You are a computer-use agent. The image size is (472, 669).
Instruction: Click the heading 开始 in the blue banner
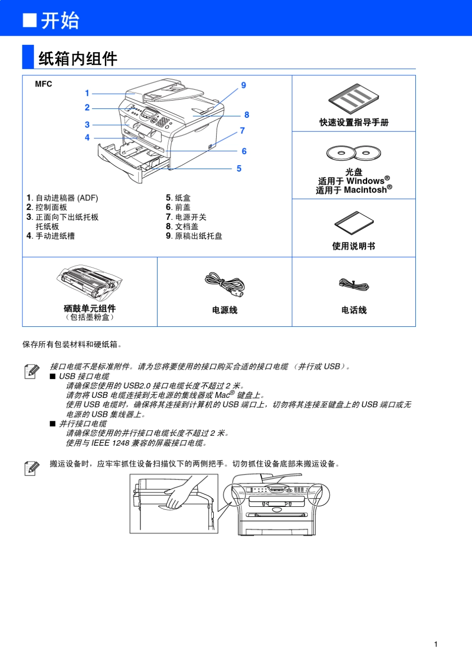60,20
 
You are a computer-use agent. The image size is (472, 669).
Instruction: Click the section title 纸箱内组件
78,59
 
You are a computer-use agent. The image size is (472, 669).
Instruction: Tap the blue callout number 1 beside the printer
87,93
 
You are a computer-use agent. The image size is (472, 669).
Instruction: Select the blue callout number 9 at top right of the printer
243,85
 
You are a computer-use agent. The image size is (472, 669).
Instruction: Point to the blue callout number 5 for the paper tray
239,169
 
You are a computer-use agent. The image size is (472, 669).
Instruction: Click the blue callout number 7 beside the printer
242,130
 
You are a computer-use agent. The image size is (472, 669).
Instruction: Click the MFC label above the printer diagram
43,84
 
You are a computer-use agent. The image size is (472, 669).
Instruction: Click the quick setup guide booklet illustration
353,98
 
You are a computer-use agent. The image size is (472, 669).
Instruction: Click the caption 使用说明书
354,246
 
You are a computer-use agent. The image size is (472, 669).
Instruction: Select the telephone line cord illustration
353,285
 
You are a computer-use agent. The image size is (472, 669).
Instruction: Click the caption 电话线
354,310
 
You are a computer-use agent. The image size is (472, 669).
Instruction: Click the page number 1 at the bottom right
436,644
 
